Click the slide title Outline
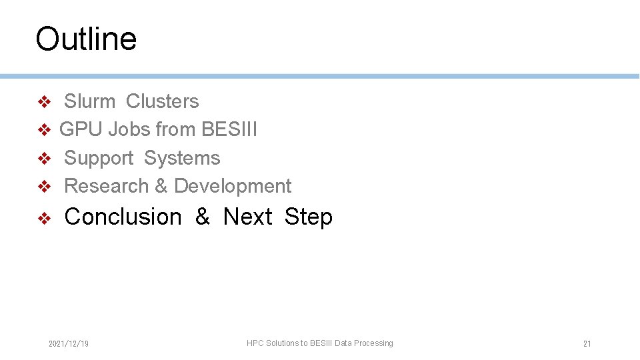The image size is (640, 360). click(86, 39)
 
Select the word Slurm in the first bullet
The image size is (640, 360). click(89, 101)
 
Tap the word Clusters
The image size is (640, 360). click(162, 101)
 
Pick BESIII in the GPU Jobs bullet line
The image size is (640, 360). click(229, 129)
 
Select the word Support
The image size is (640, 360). click(99, 158)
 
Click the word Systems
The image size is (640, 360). click(181, 158)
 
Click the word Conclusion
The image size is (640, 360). click(123, 217)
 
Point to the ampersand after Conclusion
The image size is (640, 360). click(203, 217)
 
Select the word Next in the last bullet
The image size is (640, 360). click(247, 217)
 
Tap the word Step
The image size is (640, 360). click(308, 217)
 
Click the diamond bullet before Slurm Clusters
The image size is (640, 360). click(44, 102)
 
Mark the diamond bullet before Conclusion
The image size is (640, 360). click(44, 218)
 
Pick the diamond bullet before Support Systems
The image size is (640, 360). click(44, 159)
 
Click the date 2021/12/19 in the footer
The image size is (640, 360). click(69, 344)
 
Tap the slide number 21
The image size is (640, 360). click(587, 344)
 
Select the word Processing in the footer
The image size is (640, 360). click(373, 343)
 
